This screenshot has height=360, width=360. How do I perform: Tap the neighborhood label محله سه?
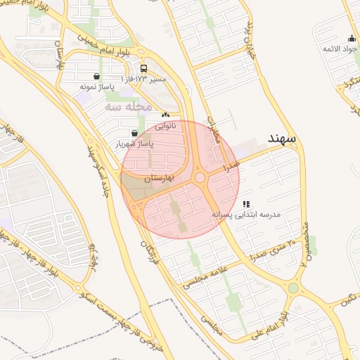pyautogui.click(x=129, y=106)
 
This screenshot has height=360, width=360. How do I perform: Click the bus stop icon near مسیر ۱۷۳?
pyautogui.click(x=144, y=69)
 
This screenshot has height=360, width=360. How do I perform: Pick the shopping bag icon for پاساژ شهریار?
pyautogui.click(x=134, y=132)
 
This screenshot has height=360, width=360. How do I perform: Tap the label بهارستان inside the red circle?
pyautogui.click(x=157, y=180)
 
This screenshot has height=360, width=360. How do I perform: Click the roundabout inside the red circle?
pyautogui.click(x=200, y=178)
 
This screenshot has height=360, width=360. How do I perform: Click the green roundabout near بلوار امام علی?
pyautogui.click(x=293, y=288)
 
